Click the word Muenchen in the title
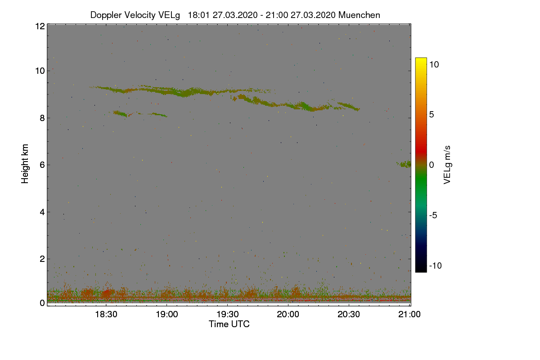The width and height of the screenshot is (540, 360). tap(359, 15)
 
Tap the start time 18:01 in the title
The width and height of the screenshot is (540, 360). tap(198, 15)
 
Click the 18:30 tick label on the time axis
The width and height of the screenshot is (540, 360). tap(106, 315)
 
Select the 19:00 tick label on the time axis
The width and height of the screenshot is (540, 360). tap(167, 315)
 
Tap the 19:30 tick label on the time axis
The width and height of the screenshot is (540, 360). tap(228, 315)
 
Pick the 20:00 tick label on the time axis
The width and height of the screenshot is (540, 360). tap(288, 315)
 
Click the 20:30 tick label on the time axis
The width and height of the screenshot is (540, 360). tap(349, 315)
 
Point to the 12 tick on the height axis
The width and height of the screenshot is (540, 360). tap(40, 26)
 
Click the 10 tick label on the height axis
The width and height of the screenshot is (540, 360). tap(40, 71)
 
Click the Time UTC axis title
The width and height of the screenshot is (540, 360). tap(229, 324)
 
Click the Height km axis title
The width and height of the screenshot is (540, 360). tap(25, 164)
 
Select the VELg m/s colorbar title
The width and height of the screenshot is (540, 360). tap(447, 164)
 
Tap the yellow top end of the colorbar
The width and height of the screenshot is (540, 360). tap(421, 59)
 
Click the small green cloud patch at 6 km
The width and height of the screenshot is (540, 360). tap(405, 164)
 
